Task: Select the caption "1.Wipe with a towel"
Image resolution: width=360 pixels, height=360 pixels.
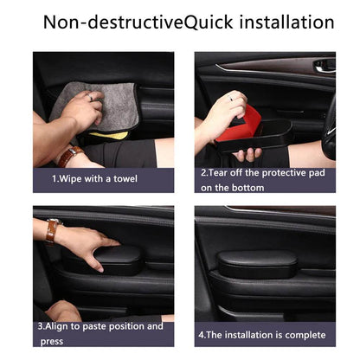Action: coord(93,179)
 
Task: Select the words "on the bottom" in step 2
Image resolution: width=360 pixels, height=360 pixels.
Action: coord(230,187)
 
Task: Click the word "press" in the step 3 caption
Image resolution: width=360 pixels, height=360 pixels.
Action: coord(50,341)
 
